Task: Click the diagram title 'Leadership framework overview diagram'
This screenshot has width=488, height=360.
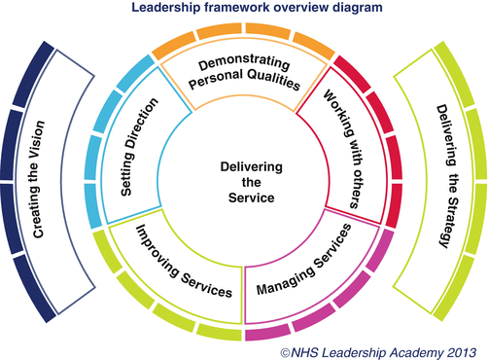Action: pyautogui.click(x=244, y=10)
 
